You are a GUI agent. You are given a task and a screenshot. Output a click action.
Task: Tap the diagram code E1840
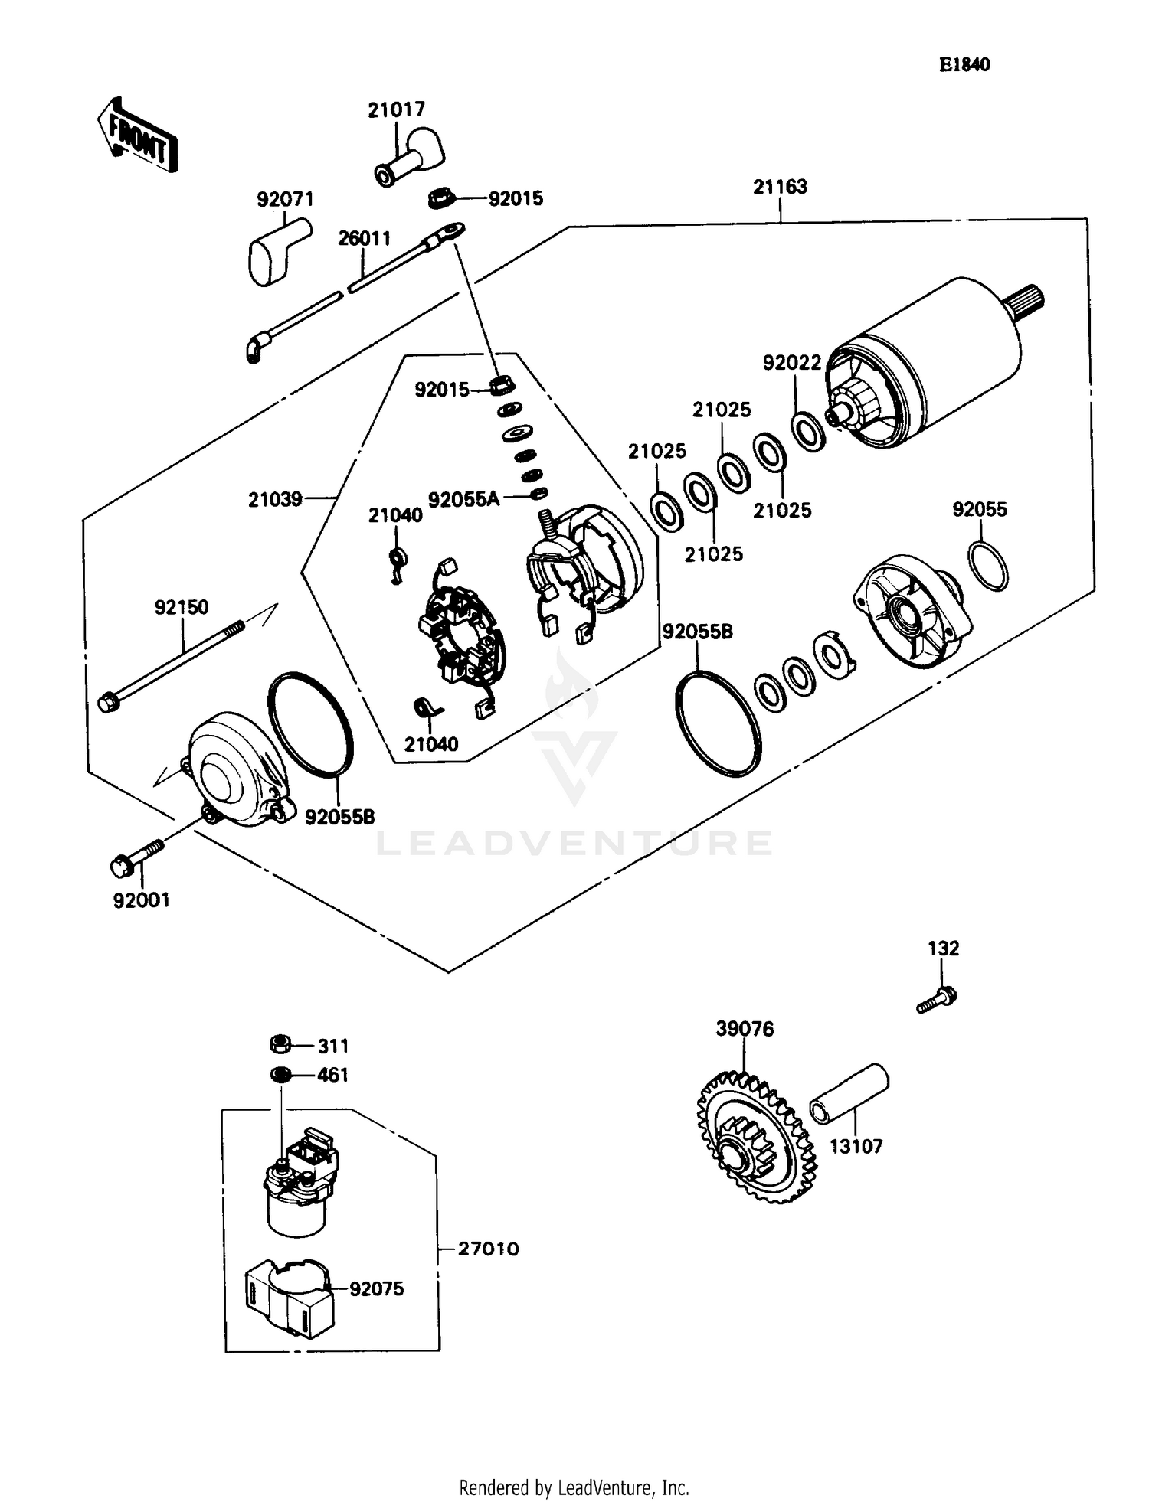[x=964, y=65]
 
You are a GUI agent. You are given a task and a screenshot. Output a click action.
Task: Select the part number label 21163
[x=780, y=187]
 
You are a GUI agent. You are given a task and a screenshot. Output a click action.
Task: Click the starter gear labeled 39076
[x=755, y=1138]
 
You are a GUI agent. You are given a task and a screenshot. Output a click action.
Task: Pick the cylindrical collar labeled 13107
[x=849, y=1094]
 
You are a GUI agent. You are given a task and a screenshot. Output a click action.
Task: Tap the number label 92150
[x=182, y=607]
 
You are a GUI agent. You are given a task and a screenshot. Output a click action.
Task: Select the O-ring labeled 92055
[x=987, y=566]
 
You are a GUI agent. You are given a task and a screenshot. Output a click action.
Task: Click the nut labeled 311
[x=281, y=1044]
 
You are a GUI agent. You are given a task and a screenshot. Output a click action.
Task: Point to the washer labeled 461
[x=281, y=1075]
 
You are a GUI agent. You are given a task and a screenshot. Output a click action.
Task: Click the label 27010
[x=488, y=1249]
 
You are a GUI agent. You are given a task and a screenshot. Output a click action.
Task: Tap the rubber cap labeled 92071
[x=277, y=249]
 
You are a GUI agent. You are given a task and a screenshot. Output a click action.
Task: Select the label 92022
[x=791, y=362]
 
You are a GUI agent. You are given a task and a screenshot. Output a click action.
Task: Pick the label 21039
[x=275, y=499]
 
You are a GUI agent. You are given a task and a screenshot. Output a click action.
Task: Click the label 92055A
[x=463, y=499]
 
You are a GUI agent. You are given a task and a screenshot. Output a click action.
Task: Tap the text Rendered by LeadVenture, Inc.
[x=574, y=1487]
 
